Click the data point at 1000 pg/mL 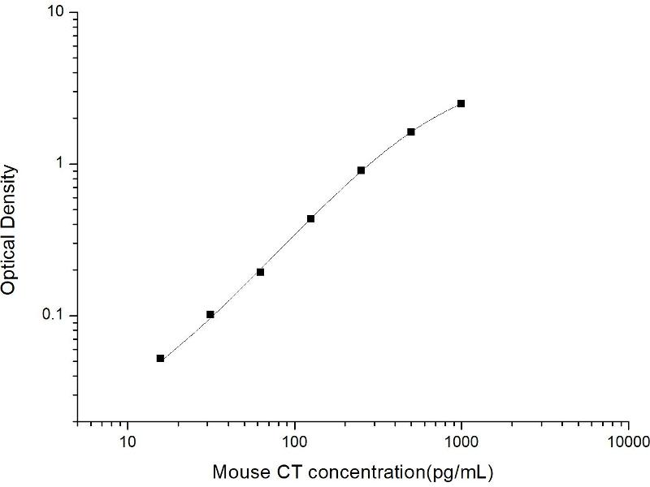[x=461, y=103]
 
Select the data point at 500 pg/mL [x=411, y=131]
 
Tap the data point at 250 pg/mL [x=361, y=170]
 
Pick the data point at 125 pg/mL [x=310, y=218]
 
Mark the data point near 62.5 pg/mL [x=260, y=272]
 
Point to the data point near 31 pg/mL [x=210, y=314]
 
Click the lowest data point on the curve [x=160, y=358]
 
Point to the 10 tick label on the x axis [x=128, y=442]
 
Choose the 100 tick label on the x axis [x=294, y=442]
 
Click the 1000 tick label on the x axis [x=461, y=442]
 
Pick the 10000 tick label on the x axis [x=628, y=442]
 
